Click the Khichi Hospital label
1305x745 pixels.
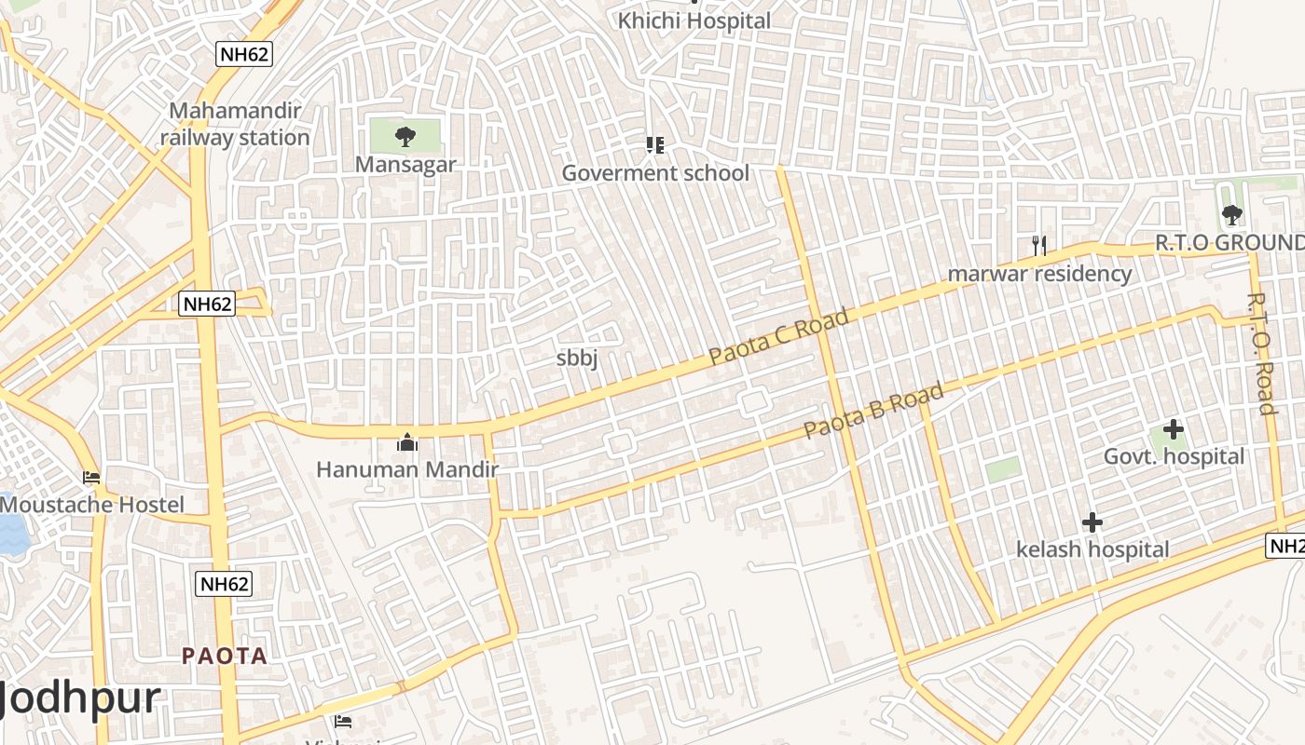click(695, 20)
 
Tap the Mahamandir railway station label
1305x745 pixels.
click(235, 124)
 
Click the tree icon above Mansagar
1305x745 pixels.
click(405, 137)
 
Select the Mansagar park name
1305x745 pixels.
click(405, 165)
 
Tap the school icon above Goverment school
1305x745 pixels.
click(654, 144)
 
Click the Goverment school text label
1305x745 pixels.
click(654, 173)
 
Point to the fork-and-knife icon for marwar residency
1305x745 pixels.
click(1039, 246)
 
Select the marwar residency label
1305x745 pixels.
click(1039, 274)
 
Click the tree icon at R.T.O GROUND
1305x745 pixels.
click(1232, 215)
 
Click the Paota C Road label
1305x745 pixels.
click(778, 336)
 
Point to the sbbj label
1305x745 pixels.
click(577, 358)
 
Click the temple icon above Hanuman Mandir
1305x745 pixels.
click(407, 441)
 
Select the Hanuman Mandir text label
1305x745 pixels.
click(407, 469)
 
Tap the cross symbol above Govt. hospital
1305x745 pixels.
click(1174, 429)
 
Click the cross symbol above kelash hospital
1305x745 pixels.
click(1092, 522)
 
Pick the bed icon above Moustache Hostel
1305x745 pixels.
click(91, 478)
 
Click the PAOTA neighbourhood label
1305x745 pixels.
click(225, 656)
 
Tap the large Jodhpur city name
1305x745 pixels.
click(80, 698)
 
